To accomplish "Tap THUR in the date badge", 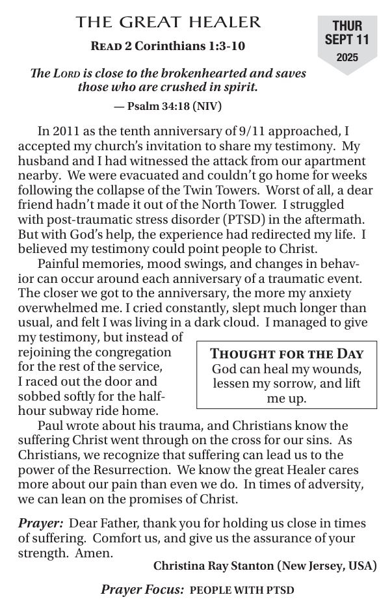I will tap(347, 26).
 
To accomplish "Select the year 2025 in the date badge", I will tap(347, 57).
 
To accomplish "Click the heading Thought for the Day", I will tap(287, 354).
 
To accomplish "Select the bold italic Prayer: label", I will tap(40, 524).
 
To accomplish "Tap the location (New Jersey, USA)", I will tap(327, 566).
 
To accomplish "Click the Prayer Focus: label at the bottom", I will tap(142, 590).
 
